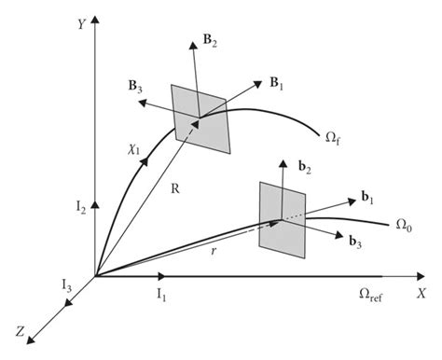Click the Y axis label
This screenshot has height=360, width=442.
[x=81, y=24]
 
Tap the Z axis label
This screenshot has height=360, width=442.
[x=20, y=330]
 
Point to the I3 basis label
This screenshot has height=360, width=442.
[x=65, y=283]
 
